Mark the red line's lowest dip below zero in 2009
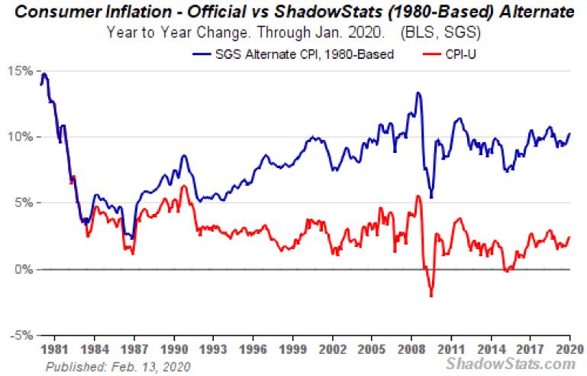(x=431, y=296)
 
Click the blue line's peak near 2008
(x=418, y=93)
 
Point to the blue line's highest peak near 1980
(x=44, y=74)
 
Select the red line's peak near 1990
(x=183, y=186)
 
